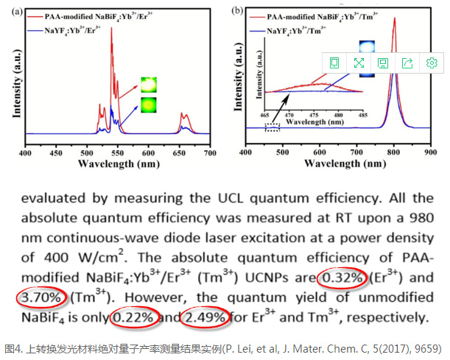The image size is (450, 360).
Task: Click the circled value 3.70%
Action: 42,298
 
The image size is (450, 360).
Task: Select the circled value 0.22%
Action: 133,318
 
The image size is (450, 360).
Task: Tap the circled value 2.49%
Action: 207,318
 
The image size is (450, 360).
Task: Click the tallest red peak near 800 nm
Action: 395,19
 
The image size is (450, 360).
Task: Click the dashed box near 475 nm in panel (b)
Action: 273,128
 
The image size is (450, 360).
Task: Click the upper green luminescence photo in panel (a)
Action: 149,82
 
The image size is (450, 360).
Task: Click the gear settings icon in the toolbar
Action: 432,63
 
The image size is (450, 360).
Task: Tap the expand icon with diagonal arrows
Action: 359,63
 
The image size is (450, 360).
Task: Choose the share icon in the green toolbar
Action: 407,63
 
